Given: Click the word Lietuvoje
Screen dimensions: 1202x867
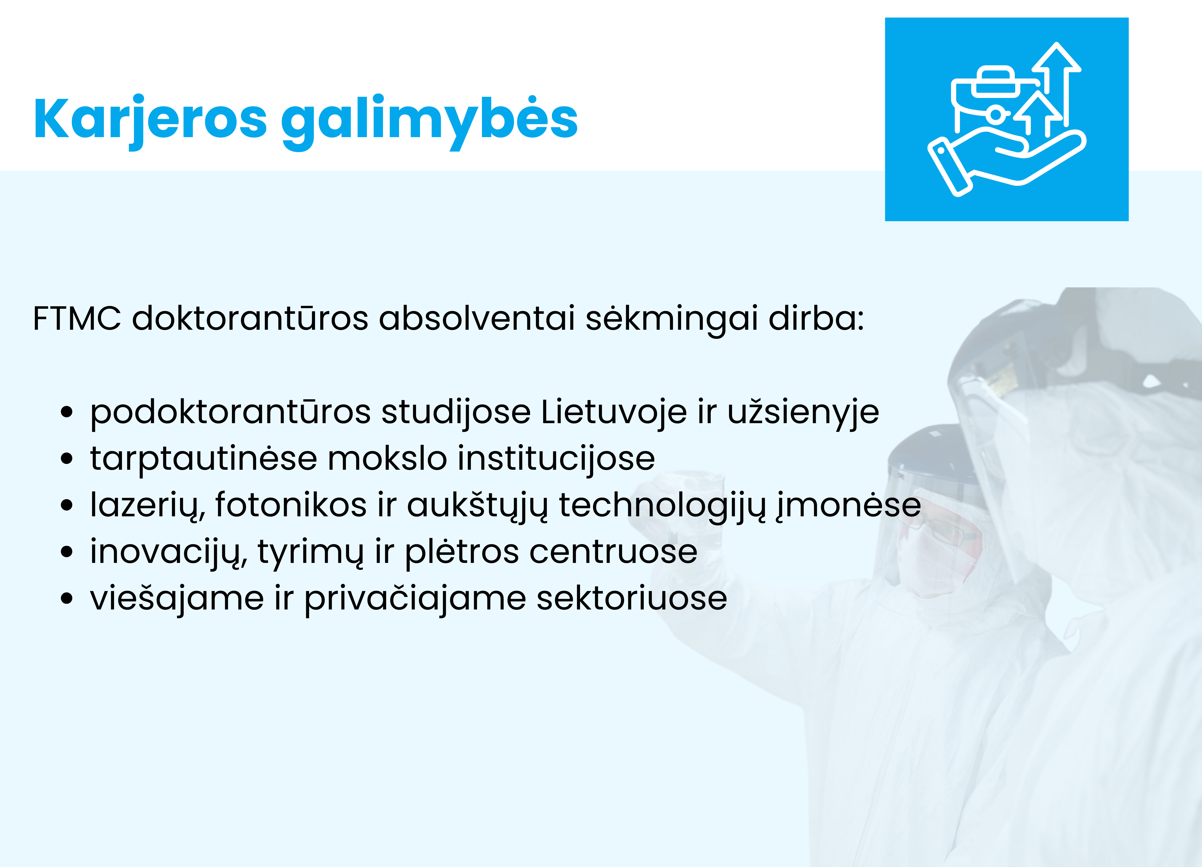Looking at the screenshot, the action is click(x=614, y=412).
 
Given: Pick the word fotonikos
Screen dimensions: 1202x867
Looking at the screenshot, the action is click(x=290, y=505).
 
